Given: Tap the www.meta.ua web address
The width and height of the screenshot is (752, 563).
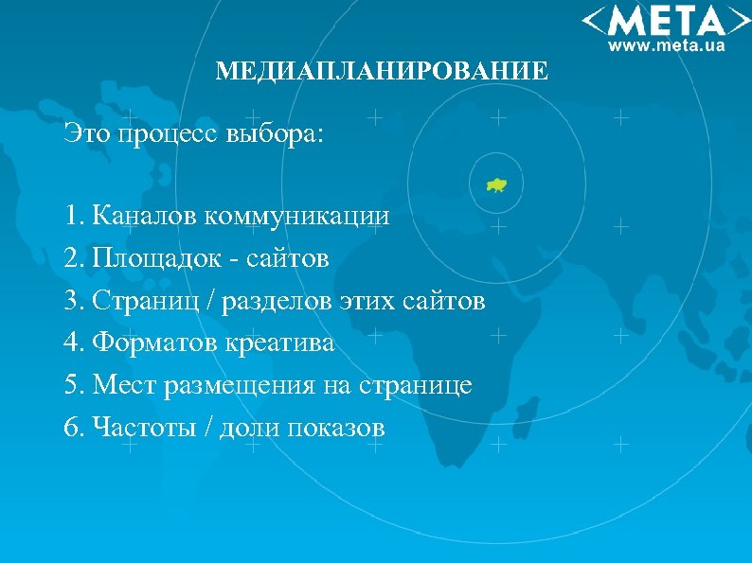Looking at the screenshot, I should click(666, 44).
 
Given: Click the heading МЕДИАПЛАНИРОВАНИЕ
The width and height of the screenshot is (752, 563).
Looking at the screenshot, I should click(382, 72).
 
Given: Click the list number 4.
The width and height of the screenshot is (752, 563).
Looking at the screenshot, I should click(72, 343).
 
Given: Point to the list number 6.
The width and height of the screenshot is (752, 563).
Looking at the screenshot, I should click(72, 429).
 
